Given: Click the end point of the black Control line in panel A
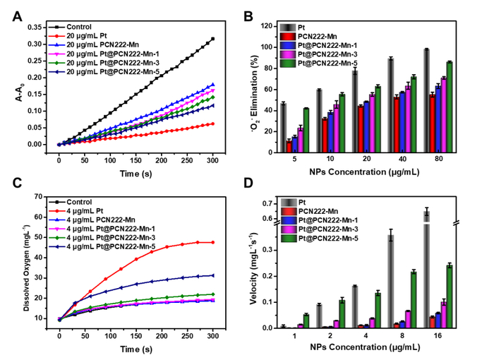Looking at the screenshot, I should tap(212, 39).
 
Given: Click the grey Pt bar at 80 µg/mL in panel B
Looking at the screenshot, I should tap(426, 101).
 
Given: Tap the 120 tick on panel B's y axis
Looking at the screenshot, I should tap(269, 26).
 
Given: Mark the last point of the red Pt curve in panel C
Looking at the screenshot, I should tap(212, 242).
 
